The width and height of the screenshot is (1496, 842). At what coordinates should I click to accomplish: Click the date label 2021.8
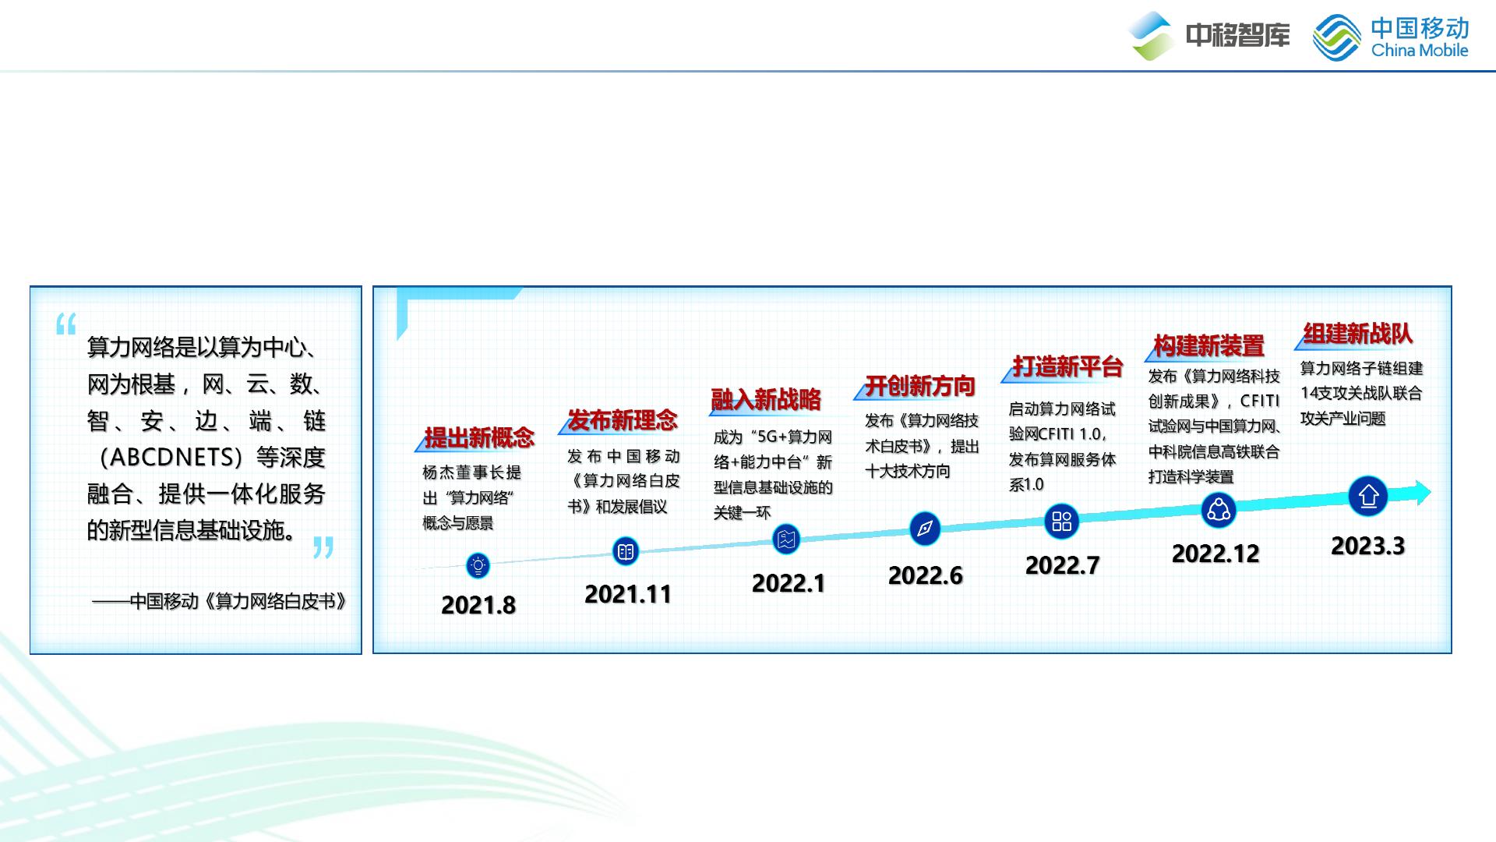point(478,605)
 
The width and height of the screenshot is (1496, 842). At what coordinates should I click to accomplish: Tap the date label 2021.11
point(628,594)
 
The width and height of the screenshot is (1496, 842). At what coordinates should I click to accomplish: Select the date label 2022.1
point(789,583)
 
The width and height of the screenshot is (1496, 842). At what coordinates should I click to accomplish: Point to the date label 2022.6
point(926,575)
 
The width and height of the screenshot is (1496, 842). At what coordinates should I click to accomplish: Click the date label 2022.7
point(1063,565)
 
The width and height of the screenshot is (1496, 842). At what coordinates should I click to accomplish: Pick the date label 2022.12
point(1215,554)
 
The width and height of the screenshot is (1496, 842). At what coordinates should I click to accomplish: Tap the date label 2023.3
point(1368,546)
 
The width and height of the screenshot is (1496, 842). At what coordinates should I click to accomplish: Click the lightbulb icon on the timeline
point(478,565)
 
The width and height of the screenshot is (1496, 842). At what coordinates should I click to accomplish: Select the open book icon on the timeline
point(625,552)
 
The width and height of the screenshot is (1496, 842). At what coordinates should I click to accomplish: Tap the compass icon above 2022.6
point(925,529)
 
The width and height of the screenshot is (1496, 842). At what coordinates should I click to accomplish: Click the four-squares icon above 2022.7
point(1062,521)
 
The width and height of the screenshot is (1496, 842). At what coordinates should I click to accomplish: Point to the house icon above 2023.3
point(1368,496)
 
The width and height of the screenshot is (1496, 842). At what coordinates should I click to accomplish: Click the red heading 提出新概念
point(479,438)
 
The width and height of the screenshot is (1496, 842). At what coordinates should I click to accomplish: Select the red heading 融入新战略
point(766,400)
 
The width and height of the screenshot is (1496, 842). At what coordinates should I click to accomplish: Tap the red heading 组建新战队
point(1358,334)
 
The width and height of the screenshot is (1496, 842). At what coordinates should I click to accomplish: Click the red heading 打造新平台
point(1067,366)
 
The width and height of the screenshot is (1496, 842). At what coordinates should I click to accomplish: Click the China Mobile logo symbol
point(1337,37)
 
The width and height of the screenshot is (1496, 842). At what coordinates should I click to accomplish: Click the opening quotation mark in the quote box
point(66,324)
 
